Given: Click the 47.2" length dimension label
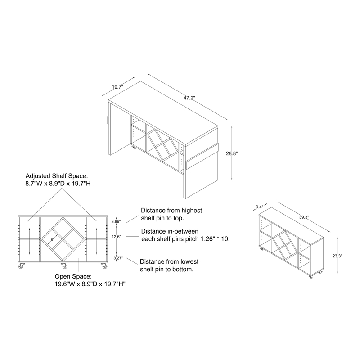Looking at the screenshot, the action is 189,98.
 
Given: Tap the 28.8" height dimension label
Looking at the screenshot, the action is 232,153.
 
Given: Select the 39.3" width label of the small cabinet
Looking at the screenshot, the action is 304,217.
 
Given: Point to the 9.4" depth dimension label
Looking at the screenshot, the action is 259,207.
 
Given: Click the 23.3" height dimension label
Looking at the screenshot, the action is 337,256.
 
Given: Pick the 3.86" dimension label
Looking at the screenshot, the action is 116,221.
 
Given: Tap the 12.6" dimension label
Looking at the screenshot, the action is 117,237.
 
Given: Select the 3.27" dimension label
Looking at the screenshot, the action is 118,258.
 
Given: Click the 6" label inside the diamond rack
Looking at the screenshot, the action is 52,240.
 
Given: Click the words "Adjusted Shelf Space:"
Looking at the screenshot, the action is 57,176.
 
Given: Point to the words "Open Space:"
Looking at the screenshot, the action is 73,276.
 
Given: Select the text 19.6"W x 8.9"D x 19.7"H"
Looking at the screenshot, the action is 90,284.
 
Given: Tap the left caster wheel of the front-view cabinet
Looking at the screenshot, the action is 21,266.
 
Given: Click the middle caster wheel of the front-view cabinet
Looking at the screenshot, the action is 64,266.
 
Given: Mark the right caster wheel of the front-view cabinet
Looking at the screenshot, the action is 104,266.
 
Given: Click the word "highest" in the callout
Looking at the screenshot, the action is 192,211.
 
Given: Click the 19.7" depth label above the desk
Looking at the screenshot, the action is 118,87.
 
